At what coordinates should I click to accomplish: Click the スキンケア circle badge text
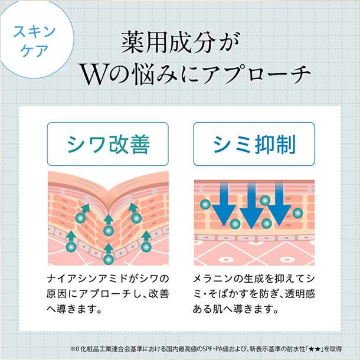[34, 41]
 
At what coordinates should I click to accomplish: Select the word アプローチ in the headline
[256, 74]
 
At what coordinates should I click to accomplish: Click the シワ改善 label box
[107, 144]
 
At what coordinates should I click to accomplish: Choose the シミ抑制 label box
[254, 144]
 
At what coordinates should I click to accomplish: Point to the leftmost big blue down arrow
[224, 204]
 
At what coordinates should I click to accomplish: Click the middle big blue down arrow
[251, 205]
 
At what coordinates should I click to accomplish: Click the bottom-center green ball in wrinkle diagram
[109, 260]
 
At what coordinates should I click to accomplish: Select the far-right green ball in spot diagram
[297, 213]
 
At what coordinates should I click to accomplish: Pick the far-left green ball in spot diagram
[205, 204]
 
